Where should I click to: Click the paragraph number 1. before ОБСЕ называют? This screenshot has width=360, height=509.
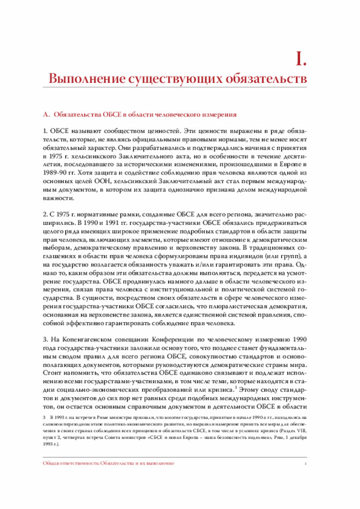coord(46,131)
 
